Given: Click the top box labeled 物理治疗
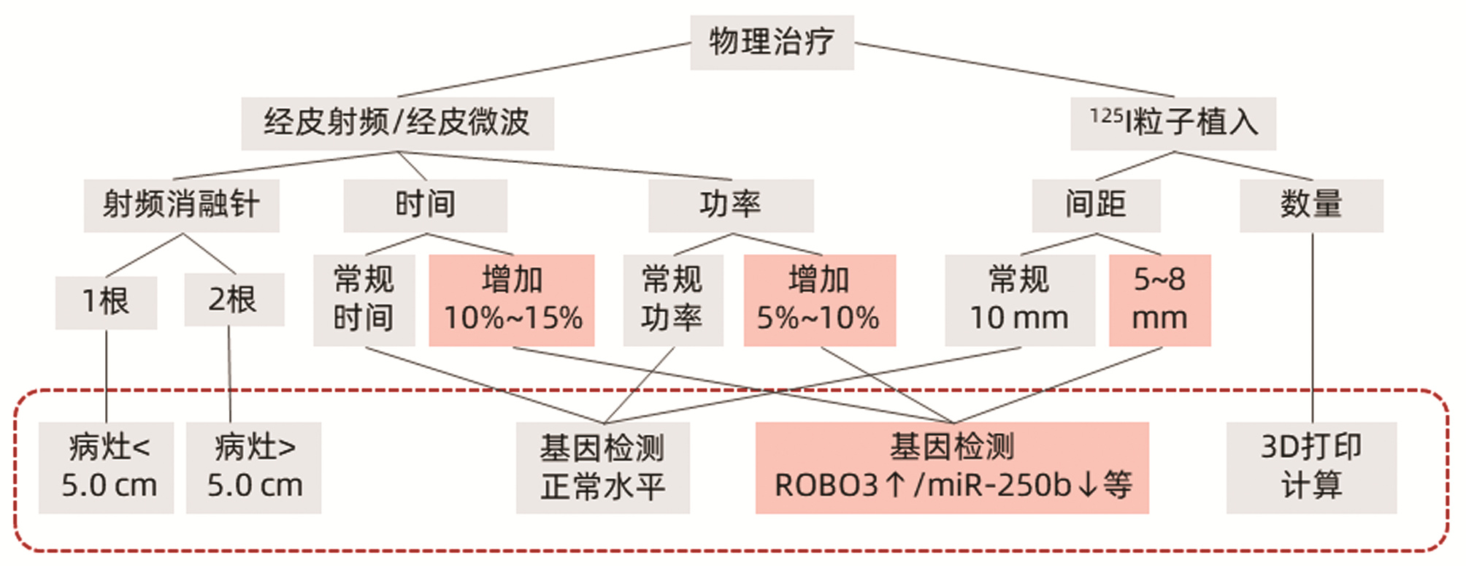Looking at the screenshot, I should coord(772,42).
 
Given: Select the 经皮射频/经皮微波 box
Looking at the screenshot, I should coord(397,123).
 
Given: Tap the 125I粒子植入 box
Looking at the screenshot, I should coord(1173,123).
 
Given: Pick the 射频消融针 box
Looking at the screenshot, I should coord(181,205).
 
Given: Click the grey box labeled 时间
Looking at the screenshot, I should coord(425,205).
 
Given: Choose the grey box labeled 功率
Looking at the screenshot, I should coord(730,205).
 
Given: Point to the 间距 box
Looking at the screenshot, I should coord(1095,205).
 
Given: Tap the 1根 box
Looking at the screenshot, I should coord(106,302).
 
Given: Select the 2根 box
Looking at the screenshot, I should coord(234,299).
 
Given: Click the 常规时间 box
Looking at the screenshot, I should coord(364,299).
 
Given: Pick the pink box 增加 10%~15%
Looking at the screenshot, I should coord(512,299).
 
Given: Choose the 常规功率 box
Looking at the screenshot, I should coord(672,299).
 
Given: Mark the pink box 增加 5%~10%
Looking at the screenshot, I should coord(819,299).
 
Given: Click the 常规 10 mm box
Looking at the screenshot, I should coord(1019,299).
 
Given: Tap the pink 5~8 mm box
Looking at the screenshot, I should coord(1159,299).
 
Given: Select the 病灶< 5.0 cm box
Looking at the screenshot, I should coord(107,467).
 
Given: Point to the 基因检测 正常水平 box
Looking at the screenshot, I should coord(602,467).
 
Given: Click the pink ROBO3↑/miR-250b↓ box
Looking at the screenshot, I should coord(951,467).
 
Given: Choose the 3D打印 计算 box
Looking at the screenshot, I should coord(1310,467).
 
